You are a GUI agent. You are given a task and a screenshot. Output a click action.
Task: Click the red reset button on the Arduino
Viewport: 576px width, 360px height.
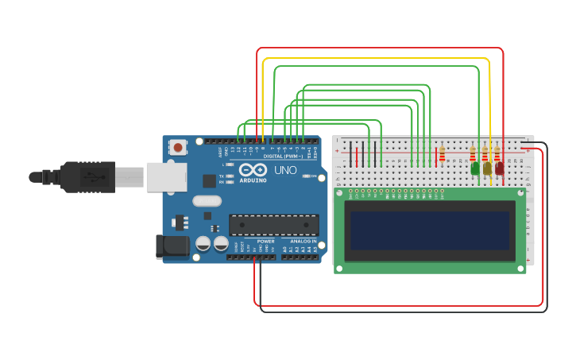178,147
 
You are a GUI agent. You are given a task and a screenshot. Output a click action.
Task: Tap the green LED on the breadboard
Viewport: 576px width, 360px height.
475,168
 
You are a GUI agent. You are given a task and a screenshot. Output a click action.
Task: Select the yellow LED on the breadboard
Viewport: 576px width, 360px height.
487,168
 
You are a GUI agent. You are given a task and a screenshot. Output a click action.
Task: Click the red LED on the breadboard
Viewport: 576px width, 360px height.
499,168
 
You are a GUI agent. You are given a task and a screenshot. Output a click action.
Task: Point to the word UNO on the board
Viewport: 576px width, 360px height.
285,170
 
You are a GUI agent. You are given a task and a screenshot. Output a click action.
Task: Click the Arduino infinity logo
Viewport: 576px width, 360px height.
252,169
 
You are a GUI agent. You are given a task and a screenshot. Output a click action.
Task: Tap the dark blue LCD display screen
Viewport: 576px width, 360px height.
430,231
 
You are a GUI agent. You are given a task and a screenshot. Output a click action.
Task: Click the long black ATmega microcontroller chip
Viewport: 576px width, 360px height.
273,225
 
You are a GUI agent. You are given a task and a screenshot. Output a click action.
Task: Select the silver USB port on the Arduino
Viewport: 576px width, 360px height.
165,176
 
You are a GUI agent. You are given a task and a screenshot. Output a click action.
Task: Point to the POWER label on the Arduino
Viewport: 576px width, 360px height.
265,241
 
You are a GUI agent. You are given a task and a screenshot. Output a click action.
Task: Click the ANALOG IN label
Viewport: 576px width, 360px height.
302,241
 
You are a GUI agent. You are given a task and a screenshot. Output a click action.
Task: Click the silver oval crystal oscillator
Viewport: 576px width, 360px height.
207,201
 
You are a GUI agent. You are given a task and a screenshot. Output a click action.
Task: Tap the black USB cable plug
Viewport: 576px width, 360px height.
87,176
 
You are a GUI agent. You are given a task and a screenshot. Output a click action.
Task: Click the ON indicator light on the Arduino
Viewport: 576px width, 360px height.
307,176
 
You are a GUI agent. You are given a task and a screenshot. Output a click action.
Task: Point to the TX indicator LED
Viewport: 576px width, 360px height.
230,176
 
